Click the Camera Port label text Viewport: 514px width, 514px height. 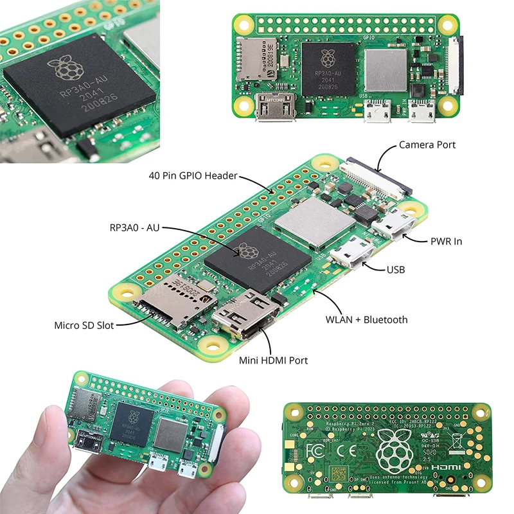click(427, 145)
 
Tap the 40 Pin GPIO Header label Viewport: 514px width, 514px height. click(193, 175)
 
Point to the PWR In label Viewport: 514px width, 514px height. click(446, 242)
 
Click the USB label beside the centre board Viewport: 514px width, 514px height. click(395, 270)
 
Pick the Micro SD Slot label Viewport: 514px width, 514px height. click(84, 325)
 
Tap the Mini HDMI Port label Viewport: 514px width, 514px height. click(273, 360)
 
